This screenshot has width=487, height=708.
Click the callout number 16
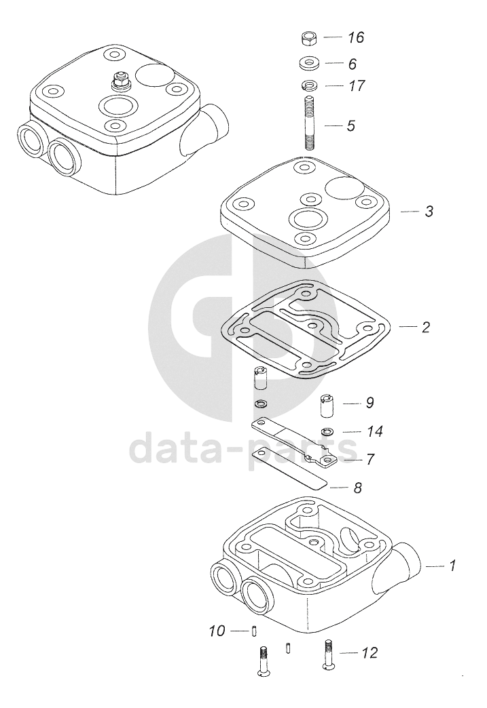tap(356, 37)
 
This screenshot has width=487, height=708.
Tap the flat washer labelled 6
tap(308, 63)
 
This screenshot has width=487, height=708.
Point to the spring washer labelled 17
tap(308, 85)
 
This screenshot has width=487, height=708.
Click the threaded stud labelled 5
tap(308, 123)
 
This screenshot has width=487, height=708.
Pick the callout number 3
tap(429, 211)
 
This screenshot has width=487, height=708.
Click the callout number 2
tap(425, 327)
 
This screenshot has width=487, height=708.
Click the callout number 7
tap(370, 459)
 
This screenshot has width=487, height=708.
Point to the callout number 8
tap(358, 488)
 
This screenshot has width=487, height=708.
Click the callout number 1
tap(452, 565)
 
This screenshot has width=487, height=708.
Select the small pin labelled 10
tap(255, 629)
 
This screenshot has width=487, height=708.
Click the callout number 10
tap(217, 630)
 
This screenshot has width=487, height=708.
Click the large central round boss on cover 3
tap(306, 219)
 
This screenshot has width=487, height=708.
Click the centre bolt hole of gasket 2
tap(310, 326)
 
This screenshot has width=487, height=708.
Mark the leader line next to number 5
tap(332, 125)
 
